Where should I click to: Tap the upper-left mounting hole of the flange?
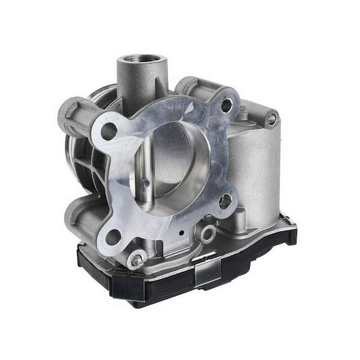(109, 131)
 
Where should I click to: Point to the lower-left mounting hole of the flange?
(112, 237)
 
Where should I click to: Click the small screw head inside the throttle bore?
(145, 183)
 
